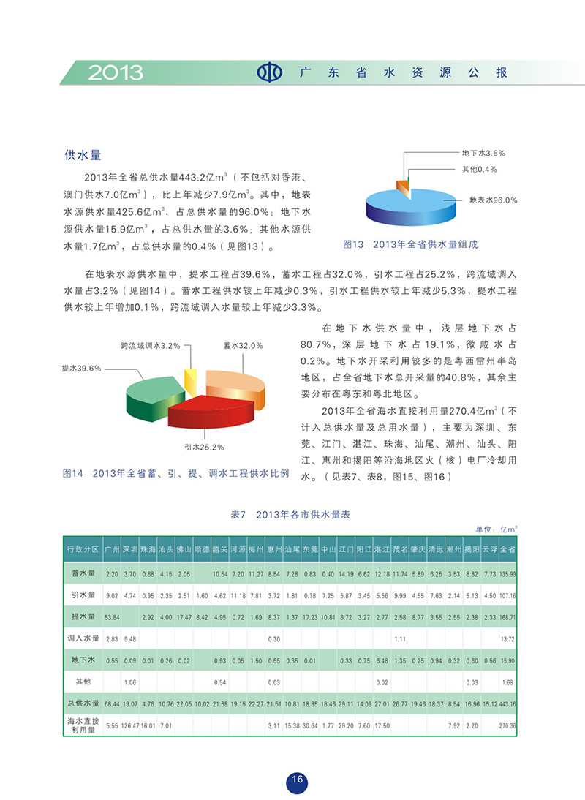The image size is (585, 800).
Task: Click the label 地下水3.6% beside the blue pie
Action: point(483,153)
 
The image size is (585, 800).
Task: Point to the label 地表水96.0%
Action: point(493,200)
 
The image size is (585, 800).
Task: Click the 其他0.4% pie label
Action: point(479,169)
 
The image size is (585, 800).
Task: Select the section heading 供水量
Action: point(82,156)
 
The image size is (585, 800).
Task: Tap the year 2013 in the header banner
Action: point(116,72)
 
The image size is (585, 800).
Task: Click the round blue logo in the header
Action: point(269,72)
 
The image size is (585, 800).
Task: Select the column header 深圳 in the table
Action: point(129,548)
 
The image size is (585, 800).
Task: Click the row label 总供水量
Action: point(81,703)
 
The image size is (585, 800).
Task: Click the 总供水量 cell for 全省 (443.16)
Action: point(508,703)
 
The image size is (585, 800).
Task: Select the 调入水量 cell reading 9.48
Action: point(129,638)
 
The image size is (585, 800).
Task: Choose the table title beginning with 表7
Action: point(290,515)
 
